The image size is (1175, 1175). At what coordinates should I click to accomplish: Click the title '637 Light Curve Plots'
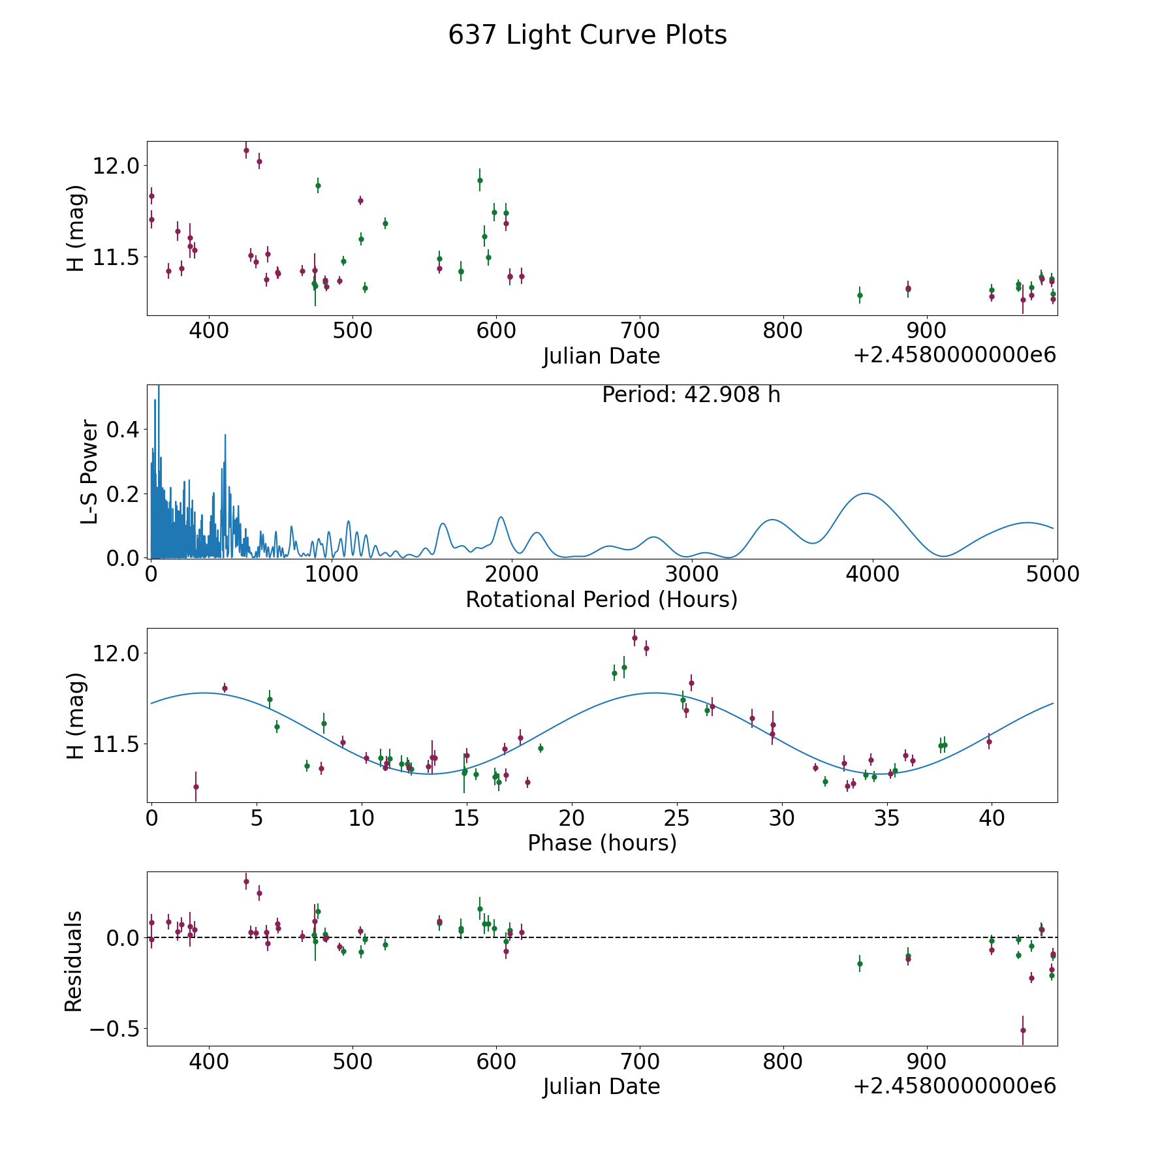point(587,35)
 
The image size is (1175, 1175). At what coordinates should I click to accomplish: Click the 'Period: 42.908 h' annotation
point(691,395)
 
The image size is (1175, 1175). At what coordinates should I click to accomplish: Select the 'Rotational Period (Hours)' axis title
point(601,599)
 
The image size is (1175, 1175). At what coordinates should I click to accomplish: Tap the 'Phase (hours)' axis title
point(602,843)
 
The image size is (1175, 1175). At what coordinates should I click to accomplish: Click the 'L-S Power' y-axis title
point(90,471)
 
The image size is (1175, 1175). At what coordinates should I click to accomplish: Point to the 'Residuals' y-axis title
point(74,961)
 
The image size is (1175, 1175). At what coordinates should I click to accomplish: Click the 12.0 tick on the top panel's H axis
point(116,166)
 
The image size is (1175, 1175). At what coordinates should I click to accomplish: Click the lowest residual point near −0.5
point(1023,1030)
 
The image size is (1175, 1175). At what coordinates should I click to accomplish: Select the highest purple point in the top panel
point(246,150)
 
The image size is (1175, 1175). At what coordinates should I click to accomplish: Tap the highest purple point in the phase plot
point(634,638)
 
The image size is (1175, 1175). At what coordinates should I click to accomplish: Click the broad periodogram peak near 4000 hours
point(866,493)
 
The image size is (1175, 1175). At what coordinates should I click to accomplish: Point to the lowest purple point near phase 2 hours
point(196,787)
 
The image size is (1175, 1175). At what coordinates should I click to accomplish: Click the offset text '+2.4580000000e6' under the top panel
point(954,355)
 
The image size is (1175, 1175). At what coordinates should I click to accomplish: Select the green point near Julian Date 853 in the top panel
point(860,295)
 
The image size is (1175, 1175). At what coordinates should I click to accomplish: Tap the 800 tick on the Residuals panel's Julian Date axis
point(783,1061)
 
